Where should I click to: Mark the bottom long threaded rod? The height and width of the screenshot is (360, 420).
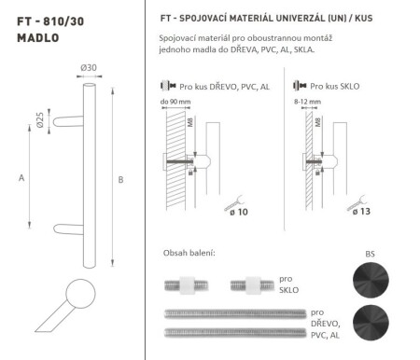tap(232, 332)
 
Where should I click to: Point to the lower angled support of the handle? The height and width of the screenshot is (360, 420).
tap(70, 228)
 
